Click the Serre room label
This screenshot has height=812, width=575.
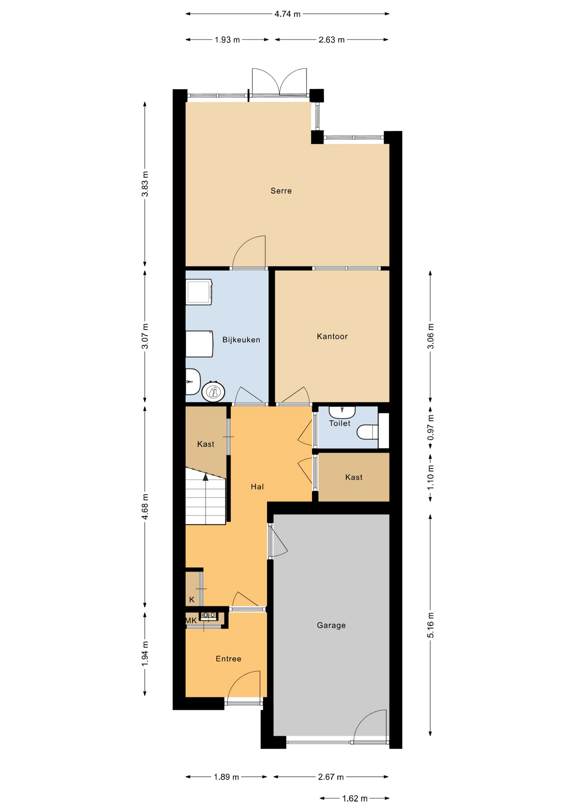281,191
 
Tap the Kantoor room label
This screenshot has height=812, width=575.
332,336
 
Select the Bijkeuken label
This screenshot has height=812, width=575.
241,340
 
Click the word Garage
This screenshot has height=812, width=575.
332,625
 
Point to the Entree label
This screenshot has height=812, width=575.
229,658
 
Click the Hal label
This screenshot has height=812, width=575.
257,486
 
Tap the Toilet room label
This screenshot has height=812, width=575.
340,423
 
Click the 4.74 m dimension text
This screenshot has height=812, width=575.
287,14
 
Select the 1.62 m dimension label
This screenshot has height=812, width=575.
355,798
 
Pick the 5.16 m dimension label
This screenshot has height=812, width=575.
431,625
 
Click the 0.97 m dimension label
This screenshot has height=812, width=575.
431,427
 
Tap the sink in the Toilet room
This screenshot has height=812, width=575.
342,412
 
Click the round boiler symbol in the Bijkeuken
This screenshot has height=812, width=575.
213,392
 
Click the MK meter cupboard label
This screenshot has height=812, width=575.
191,620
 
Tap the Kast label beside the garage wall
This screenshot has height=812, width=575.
354,477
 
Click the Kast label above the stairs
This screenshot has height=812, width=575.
206,444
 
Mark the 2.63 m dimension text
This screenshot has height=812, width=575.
332,40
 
